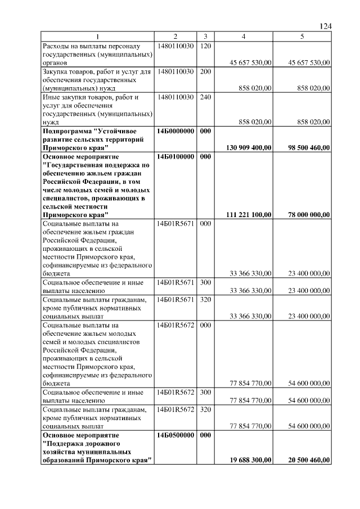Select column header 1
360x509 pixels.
(x=97, y=37)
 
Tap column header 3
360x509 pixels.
(x=205, y=37)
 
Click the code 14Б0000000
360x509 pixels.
(x=176, y=130)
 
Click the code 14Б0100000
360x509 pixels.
(x=176, y=156)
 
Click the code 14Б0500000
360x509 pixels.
(x=176, y=435)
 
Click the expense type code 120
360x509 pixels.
(x=205, y=46)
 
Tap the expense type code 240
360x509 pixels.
(x=205, y=97)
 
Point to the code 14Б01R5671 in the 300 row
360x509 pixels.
(x=176, y=282)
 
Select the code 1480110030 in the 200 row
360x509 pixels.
(x=176, y=71)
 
